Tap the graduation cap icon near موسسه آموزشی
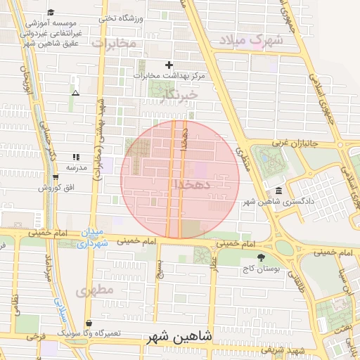pos(51,12)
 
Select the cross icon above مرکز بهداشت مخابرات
pos(169,65)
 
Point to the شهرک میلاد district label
pos(251,40)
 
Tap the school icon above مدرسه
pos(75,157)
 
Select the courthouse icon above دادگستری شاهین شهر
pos(280,191)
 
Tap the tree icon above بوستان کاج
pos(262,258)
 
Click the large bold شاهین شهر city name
pos(181,337)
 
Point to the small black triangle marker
pos(75,93)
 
